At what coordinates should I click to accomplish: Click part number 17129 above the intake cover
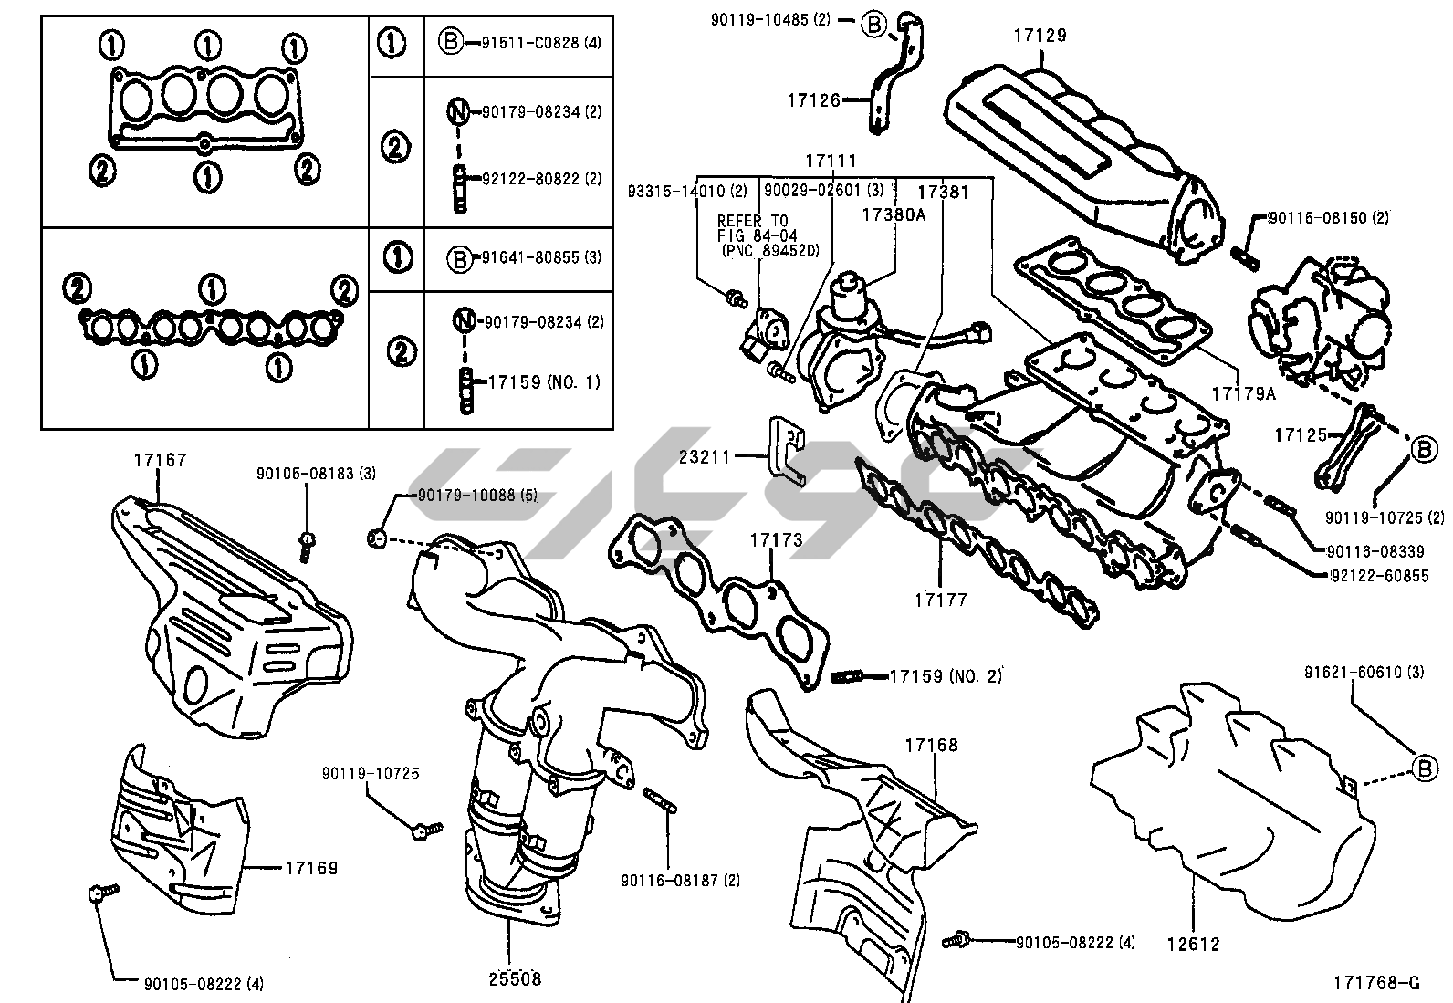[1039, 36]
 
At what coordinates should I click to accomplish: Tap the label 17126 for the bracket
[813, 100]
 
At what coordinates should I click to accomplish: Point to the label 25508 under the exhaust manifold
[513, 979]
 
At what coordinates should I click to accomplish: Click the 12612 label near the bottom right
[1193, 945]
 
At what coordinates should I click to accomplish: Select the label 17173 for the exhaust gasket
[776, 540]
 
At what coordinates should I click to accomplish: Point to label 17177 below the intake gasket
[940, 600]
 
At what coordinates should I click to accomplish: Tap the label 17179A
[1243, 393]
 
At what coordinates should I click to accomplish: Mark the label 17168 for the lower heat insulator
[931, 745]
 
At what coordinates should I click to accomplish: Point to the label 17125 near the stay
[1301, 436]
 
